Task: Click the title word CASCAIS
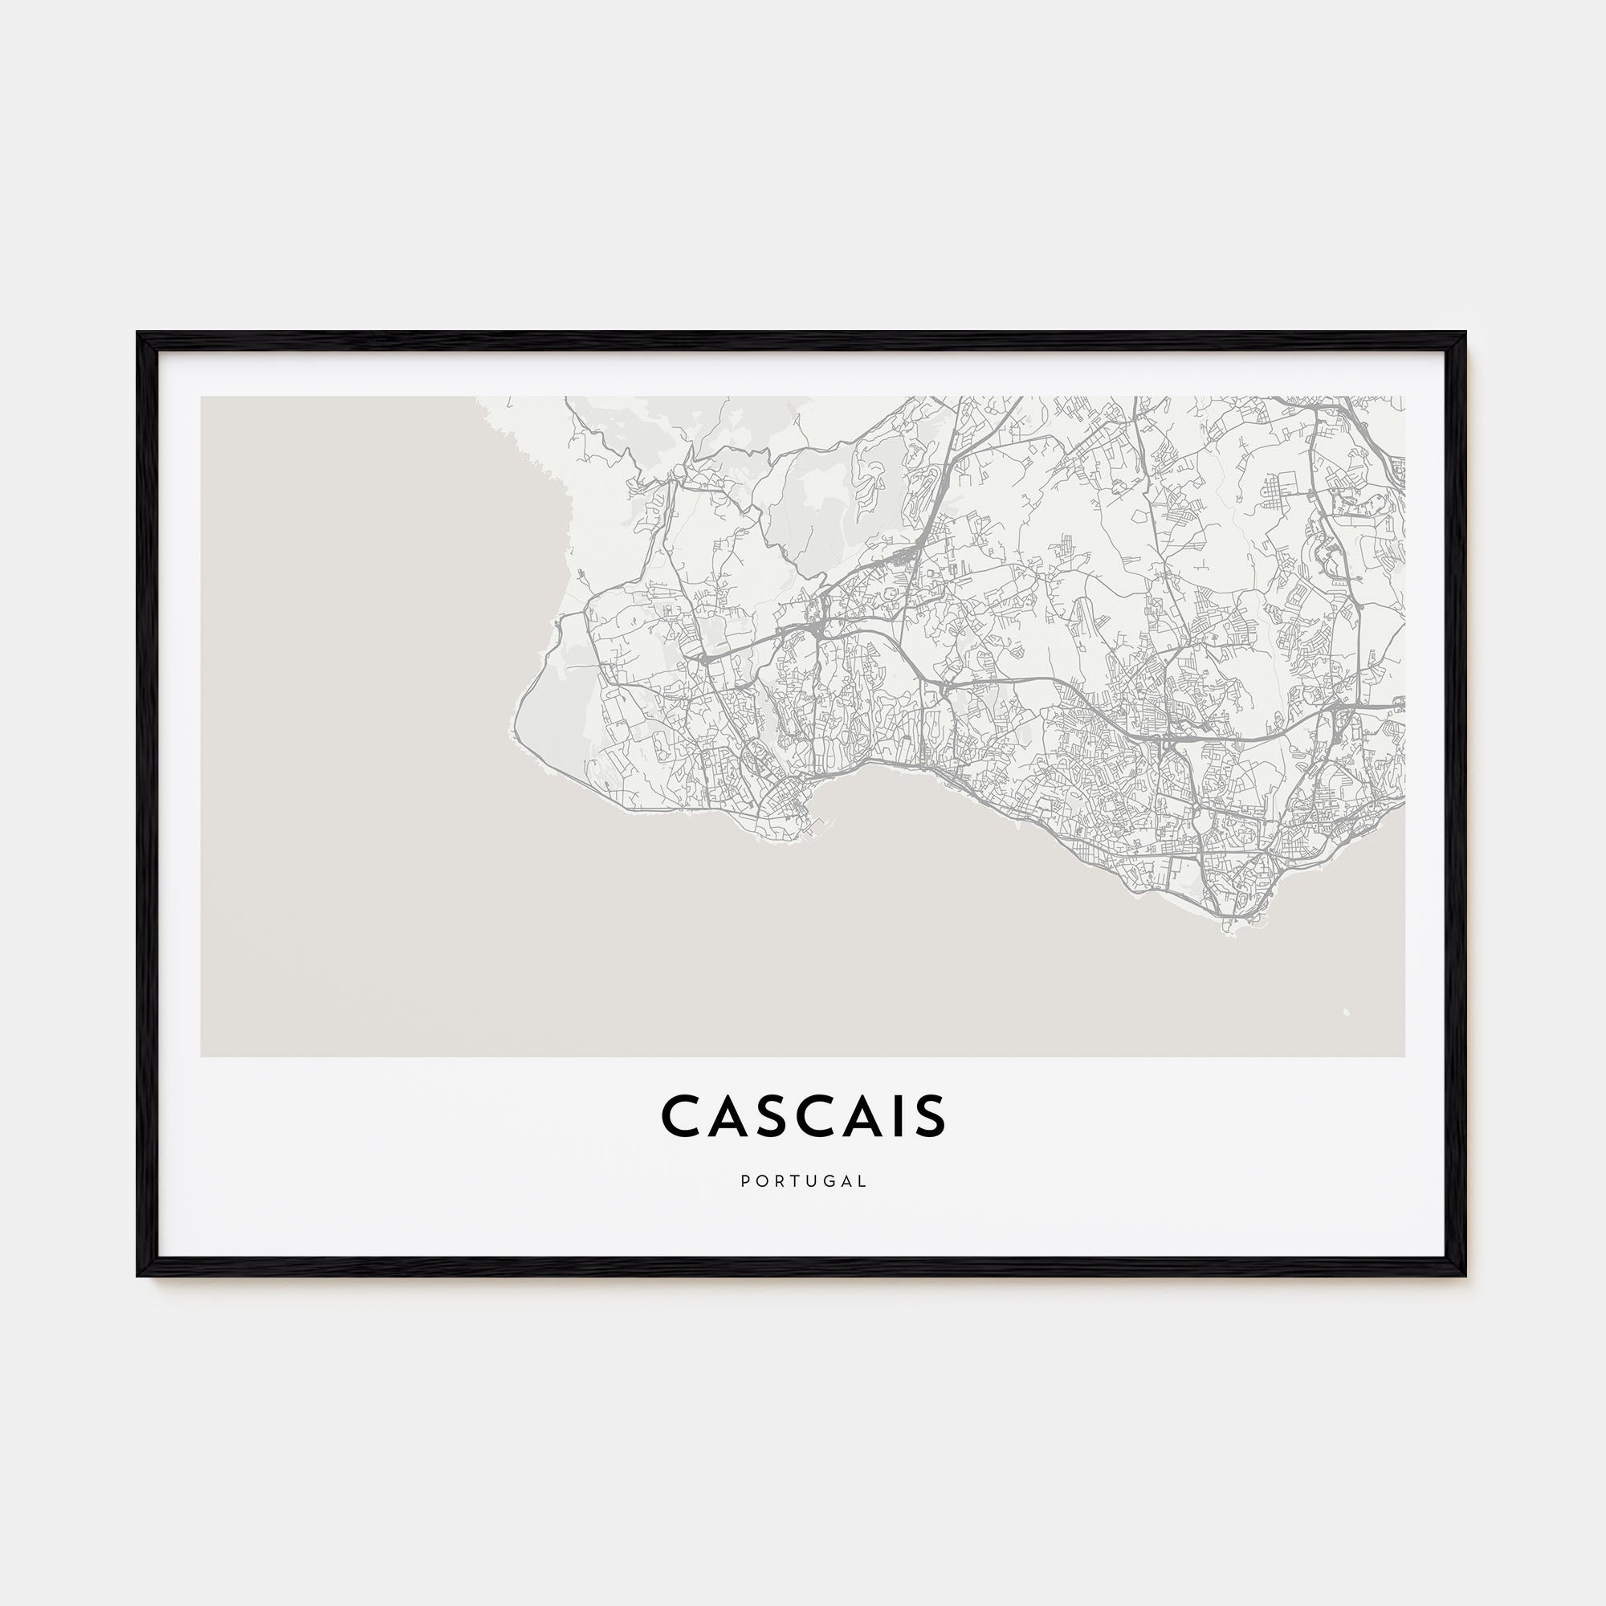803,1115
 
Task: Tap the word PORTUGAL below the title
803,1180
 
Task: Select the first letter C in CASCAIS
681,1115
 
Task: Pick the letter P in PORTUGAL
745,1180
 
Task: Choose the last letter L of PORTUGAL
863,1180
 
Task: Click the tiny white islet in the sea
1346,1013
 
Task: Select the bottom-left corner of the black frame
139,1274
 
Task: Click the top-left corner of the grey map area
202,397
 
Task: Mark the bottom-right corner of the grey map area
1404,1056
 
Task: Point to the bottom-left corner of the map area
202,1056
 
